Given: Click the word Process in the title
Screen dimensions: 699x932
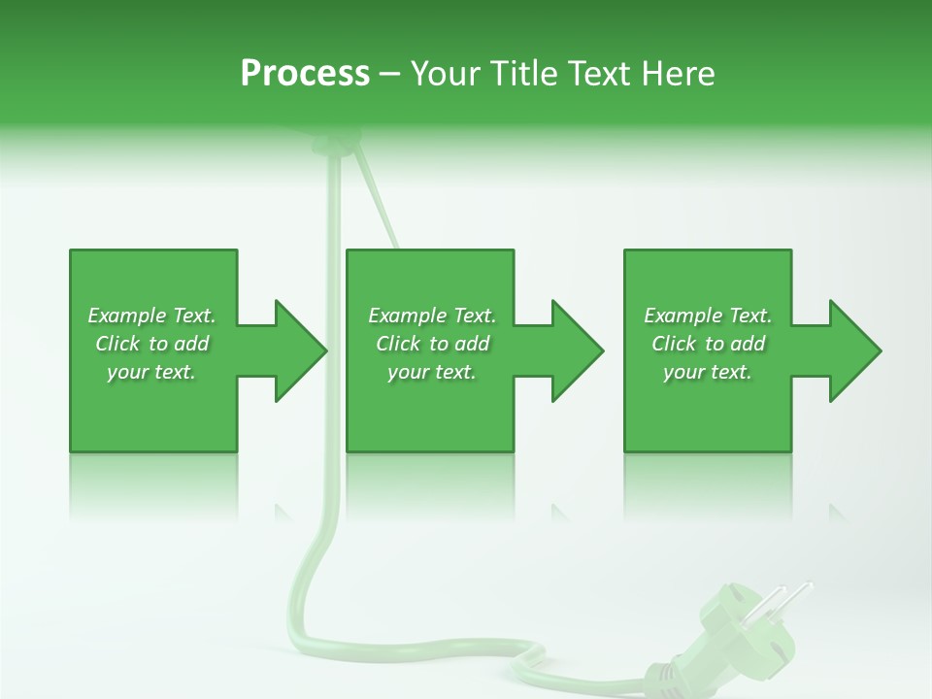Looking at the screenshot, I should point(305,74).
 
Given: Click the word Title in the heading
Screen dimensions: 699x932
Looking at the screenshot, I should point(520,74).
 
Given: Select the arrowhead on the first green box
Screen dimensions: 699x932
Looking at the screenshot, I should point(297,350).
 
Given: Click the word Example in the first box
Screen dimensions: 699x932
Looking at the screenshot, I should point(126,316).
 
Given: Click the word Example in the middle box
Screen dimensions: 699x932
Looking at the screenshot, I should point(407,316).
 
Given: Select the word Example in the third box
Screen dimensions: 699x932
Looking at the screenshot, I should point(682,316).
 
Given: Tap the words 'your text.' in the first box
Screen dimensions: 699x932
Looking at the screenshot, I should point(151,372).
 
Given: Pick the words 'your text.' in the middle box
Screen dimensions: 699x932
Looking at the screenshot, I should point(432,372).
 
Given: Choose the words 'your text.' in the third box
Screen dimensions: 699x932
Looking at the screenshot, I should point(708,372).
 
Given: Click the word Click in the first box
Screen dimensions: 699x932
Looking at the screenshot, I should point(118,344).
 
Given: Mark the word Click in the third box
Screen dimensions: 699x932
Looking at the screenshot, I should point(675,344).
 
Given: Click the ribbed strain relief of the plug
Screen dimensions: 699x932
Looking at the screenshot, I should point(666,670).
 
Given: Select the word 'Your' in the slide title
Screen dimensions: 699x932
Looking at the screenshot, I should point(443,74).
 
